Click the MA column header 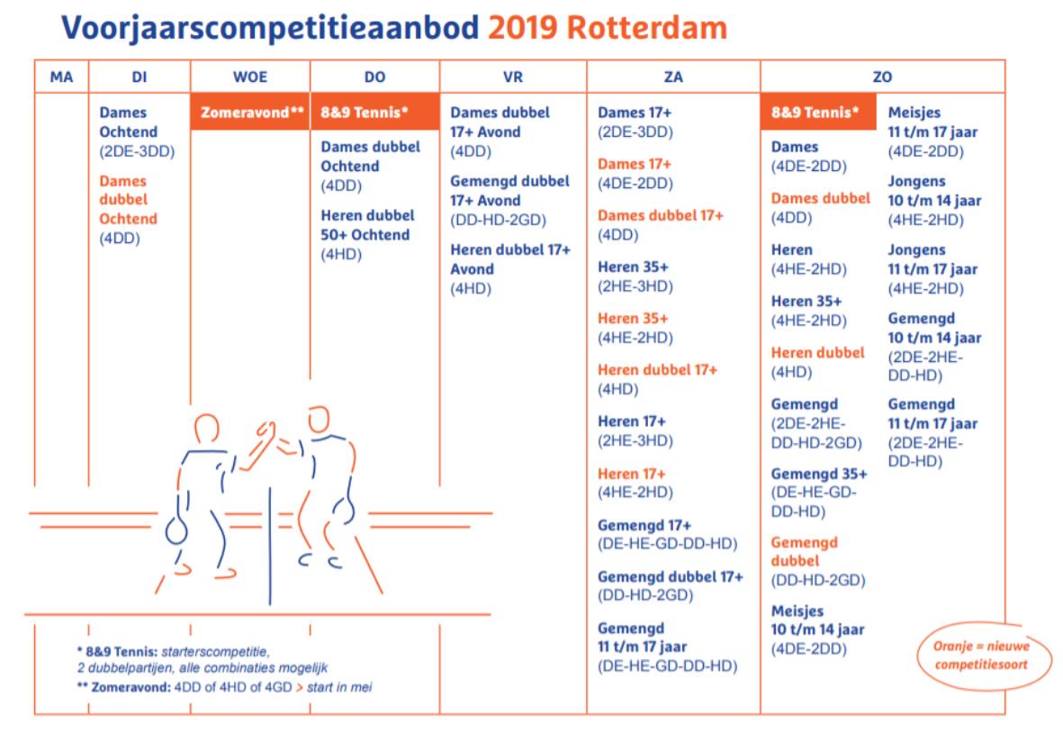click(61, 77)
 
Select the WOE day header click(250, 77)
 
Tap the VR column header click(513, 77)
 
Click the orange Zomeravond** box click(251, 112)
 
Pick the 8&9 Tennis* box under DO click(375, 112)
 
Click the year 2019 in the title click(522, 28)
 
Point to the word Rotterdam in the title click(647, 28)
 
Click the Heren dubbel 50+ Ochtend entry click(366, 235)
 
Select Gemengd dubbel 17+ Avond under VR click(509, 200)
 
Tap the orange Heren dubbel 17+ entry click(657, 379)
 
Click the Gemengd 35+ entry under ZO click(819, 493)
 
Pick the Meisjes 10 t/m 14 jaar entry click(817, 629)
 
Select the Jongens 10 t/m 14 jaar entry click(934, 200)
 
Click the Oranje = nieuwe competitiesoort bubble click(983, 655)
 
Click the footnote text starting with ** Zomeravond click(224, 687)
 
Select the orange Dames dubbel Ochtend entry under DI click(128, 209)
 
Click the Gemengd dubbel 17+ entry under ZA click(670, 585)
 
